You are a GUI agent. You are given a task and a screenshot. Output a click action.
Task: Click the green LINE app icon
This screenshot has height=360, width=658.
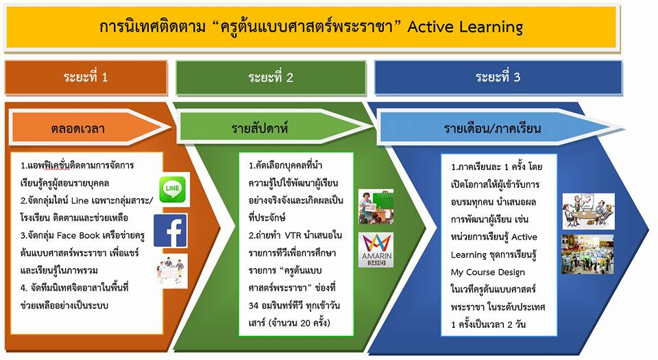(x=173, y=190)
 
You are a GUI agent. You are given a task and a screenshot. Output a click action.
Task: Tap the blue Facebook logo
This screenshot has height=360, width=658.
(x=170, y=231)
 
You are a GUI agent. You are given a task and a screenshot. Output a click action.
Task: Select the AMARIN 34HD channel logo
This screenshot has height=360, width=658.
(x=376, y=250)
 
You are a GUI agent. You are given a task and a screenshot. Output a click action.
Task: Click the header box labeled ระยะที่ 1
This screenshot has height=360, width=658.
(x=86, y=77)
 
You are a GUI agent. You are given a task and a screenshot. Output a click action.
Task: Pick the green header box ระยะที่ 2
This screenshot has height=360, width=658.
(x=271, y=77)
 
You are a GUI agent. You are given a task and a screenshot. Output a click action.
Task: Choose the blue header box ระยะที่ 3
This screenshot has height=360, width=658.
(x=498, y=77)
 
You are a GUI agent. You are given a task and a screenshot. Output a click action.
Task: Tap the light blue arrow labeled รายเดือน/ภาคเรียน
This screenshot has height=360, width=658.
(x=500, y=128)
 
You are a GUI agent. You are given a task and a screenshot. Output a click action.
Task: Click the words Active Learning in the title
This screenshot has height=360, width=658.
(x=465, y=27)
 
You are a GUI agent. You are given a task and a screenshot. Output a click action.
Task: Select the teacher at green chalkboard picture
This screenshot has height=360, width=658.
(x=376, y=207)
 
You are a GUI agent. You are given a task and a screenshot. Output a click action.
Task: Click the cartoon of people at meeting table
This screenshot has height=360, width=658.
(x=588, y=211)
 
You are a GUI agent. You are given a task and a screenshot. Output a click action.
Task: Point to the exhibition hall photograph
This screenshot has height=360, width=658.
(x=587, y=254)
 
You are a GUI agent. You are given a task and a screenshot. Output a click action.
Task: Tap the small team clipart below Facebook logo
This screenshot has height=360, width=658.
(x=171, y=271)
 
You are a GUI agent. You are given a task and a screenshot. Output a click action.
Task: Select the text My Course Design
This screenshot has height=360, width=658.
(x=487, y=272)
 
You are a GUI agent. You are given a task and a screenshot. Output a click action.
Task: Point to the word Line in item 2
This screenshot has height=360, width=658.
(x=80, y=200)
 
